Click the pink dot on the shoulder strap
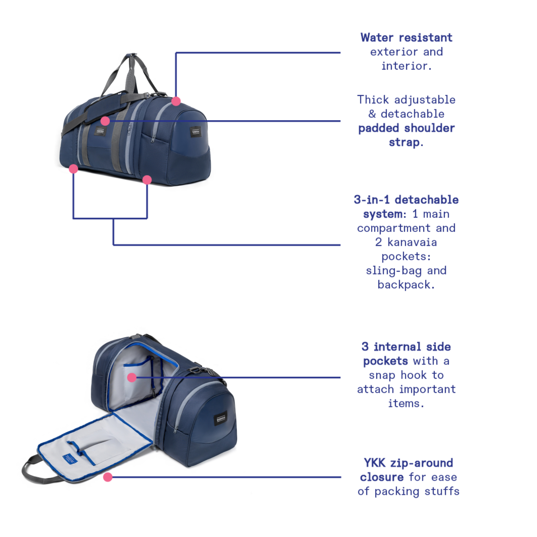105,121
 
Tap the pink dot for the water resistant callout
176,101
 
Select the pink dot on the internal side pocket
132,377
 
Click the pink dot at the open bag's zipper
108,477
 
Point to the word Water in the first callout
377,38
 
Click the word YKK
375,463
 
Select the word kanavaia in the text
412,242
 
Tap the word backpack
404,285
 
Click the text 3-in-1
372,200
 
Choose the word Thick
373,100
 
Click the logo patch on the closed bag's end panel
195,132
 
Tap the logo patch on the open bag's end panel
221,418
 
